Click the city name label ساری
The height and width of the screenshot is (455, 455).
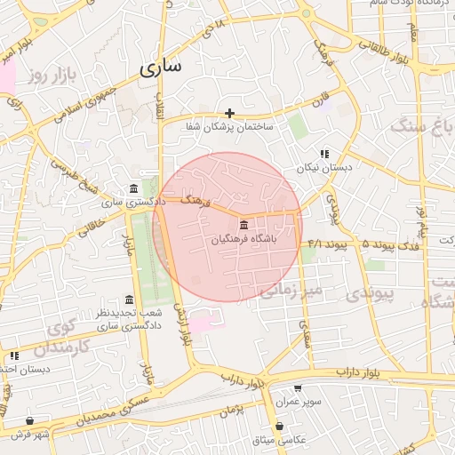pos(160,67)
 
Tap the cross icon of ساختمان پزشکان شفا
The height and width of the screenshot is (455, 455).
pos(230,113)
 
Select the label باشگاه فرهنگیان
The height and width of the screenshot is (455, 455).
pos(244,239)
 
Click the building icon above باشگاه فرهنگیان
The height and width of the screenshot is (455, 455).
pos(244,227)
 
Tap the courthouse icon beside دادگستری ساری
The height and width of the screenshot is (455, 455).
pos(133,189)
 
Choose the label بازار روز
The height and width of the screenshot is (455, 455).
pos(48,76)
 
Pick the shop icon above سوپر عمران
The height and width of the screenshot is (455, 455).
pos(297,387)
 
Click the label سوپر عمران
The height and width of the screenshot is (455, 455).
pos(297,402)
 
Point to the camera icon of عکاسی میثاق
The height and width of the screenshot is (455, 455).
pos(280,426)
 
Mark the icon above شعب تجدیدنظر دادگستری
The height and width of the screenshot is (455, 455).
pos(130,299)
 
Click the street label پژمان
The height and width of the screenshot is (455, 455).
pos(228,411)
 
